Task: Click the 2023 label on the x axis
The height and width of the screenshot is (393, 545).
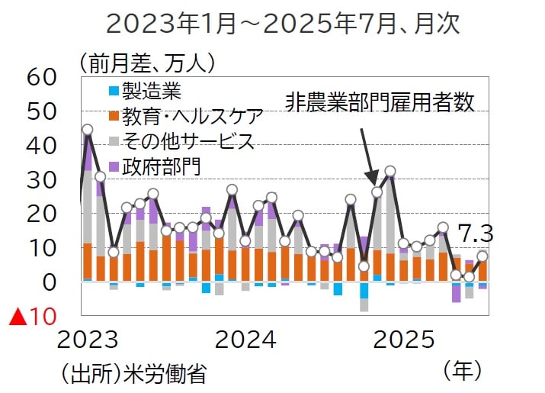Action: tap(89, 339)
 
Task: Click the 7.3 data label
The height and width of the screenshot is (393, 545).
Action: tap(475, 234)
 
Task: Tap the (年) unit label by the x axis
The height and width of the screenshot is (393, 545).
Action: tap(463, 371)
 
